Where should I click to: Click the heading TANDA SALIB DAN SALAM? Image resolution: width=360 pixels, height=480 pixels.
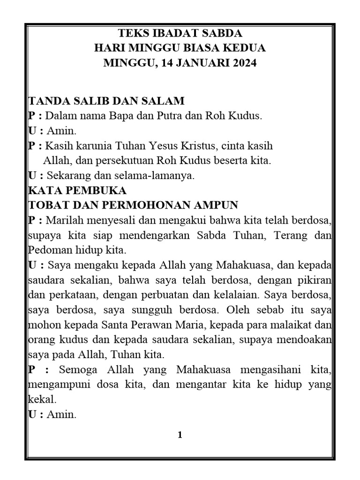point(107,101)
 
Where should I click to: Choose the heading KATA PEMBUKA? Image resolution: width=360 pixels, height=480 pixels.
point(77,191)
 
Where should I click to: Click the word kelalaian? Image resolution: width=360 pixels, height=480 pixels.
point(240,295)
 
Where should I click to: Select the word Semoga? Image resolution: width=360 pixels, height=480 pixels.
point(78,370)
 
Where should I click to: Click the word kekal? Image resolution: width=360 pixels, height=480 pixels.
point(42,400)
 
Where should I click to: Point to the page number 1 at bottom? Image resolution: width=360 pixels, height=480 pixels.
point(180,435)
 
